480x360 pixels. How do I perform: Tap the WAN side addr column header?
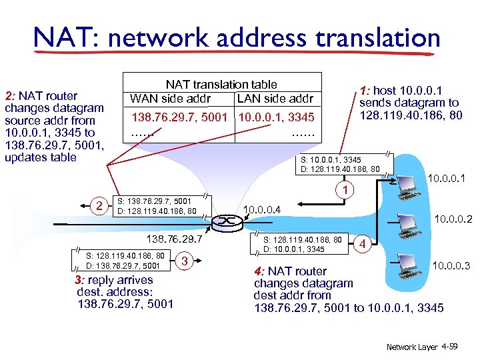click(171, 99)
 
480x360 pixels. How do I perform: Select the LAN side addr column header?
click(275, 99)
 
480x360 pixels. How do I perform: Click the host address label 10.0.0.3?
click(452, 266)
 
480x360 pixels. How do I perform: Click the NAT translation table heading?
click(221, 85)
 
